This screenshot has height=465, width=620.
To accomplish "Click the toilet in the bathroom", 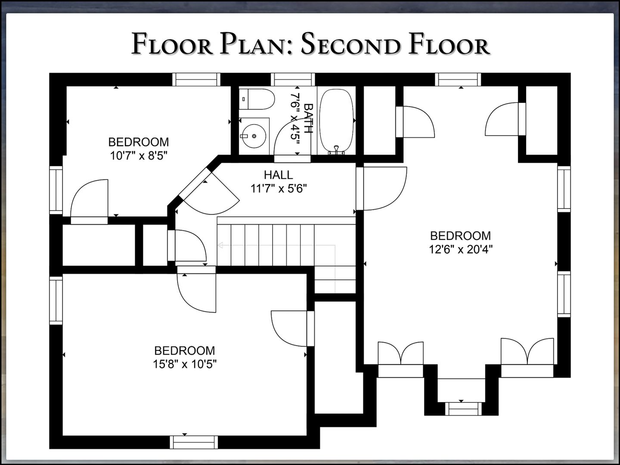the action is tap(257, 99).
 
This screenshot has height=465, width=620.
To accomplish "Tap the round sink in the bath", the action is tap(254, 136).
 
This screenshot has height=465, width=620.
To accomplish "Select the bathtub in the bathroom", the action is tap(336, 121).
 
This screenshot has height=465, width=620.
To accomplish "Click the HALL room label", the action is tap(278, 175).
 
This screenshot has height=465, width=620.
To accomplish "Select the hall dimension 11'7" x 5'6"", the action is tap(279, 188).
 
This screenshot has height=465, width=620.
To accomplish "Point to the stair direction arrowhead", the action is tap(220, 245).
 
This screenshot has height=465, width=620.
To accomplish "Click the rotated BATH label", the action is tap(308, 118).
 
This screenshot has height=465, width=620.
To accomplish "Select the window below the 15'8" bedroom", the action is tap(194, 442).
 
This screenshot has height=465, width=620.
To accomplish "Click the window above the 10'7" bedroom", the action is tap(196, 79).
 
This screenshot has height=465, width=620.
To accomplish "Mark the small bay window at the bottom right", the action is tap(463, 409).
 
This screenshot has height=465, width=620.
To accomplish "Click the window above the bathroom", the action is tap(293, 79).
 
